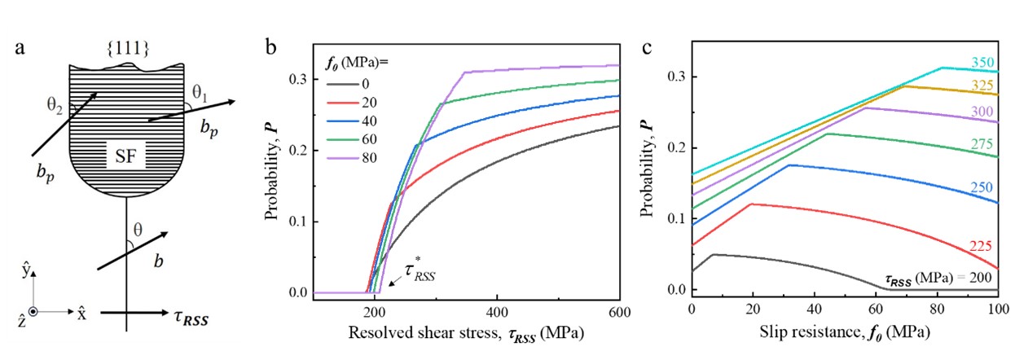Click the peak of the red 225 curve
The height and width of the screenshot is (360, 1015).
(751, 204)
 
